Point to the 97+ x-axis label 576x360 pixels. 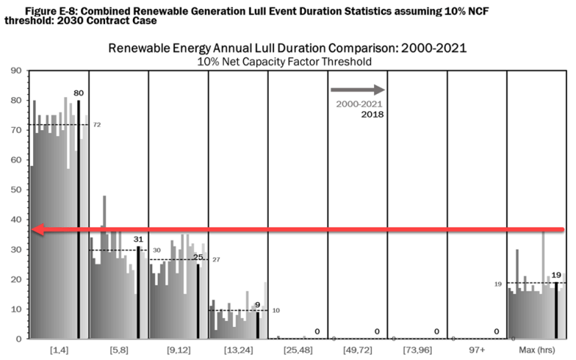(x=477, y=351)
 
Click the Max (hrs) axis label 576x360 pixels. (x=536, y=351)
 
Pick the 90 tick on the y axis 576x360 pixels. (x=14, y=71)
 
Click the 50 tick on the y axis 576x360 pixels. (x=14, y=189)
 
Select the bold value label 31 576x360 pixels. (x=138, y=239)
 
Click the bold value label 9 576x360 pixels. (x=258, y=304)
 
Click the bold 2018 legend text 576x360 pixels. (x=372, y=114)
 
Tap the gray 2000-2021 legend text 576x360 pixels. (x=357, y=104)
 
